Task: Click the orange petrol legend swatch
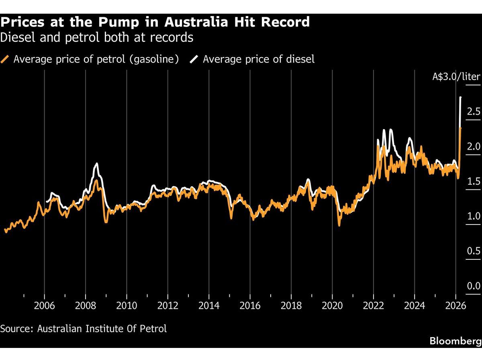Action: click(5, 60)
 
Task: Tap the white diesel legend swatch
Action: click(194, 60)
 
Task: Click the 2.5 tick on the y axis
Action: click(473, 111)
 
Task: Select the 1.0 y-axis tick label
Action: click(473, 216)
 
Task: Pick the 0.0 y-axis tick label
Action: click(473, 286)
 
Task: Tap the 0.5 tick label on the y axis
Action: click(473, 251)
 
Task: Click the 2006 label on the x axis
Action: click(44, 305)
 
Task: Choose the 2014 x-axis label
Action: click(209, 305)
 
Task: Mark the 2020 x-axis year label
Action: click(332, 305)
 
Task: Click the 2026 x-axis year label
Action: click(455, 305)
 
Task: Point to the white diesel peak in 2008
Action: click(96, 164)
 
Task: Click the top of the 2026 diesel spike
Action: click(460, 98)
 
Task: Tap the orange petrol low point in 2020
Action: click(339, 225)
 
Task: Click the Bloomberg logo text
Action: click(455, 341)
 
